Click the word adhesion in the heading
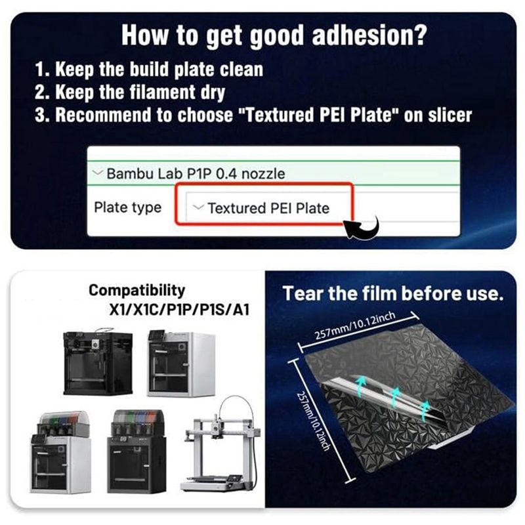[x=369, y=35]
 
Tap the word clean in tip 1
[x=241, y=70]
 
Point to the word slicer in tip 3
[x=450, y=115]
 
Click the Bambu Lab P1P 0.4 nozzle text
[x=196, y=173]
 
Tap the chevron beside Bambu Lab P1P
[x=97, y=173]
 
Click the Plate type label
[x=127, y=207]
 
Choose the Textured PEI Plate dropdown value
[x=268, y=208]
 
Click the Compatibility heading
[x=137, y=291]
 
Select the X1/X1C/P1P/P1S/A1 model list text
[x=179, y=310]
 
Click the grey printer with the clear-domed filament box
[x=61, y=451]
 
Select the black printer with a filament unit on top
[x=136, y=451]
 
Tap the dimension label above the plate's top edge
[x=355, y=325]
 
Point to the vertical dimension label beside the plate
[x=314, y=421]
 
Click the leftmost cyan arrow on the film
[x=361, y=385]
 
